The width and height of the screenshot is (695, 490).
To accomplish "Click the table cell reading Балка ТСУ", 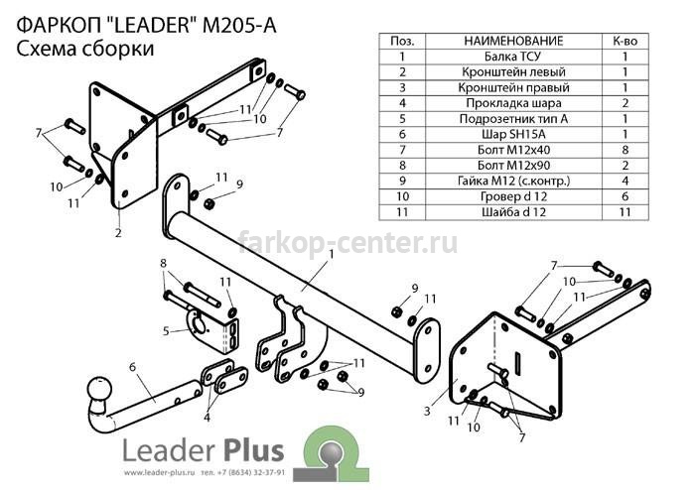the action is click(x=513, y=57).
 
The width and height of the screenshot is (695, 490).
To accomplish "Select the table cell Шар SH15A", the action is click(x=513, y=134).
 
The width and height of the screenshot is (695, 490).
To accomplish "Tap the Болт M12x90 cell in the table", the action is click(x=513, y=165).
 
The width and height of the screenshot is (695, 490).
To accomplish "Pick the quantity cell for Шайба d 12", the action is click(x=625, y=212).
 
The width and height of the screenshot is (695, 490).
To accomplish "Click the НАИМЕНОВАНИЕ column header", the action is click(x=513, y=42).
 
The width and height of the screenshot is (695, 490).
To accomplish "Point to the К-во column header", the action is click(x=625, y=42).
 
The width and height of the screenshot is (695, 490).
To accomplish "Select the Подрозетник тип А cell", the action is click(x=513, y=119).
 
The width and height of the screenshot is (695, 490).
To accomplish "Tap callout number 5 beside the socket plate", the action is click(x=166, y=330).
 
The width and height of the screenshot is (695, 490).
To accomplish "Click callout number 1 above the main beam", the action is click(x=331, y=255).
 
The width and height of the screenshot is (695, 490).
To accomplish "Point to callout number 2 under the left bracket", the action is click(x=118, y=232).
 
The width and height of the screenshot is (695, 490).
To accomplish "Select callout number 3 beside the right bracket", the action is click(x=426, y=411).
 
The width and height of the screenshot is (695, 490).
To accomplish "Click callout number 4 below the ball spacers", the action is click(x=207, y=417).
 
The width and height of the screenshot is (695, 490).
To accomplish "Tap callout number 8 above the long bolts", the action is click(x=163, y=264).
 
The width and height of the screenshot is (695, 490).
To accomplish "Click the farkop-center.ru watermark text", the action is click(x=347, y=242).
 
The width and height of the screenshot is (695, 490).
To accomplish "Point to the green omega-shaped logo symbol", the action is click(x=336, y=453).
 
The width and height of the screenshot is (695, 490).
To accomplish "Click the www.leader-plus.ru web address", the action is click(x=160, y=472).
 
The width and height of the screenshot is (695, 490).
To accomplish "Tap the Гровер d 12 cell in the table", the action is click(x=513, y=196).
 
